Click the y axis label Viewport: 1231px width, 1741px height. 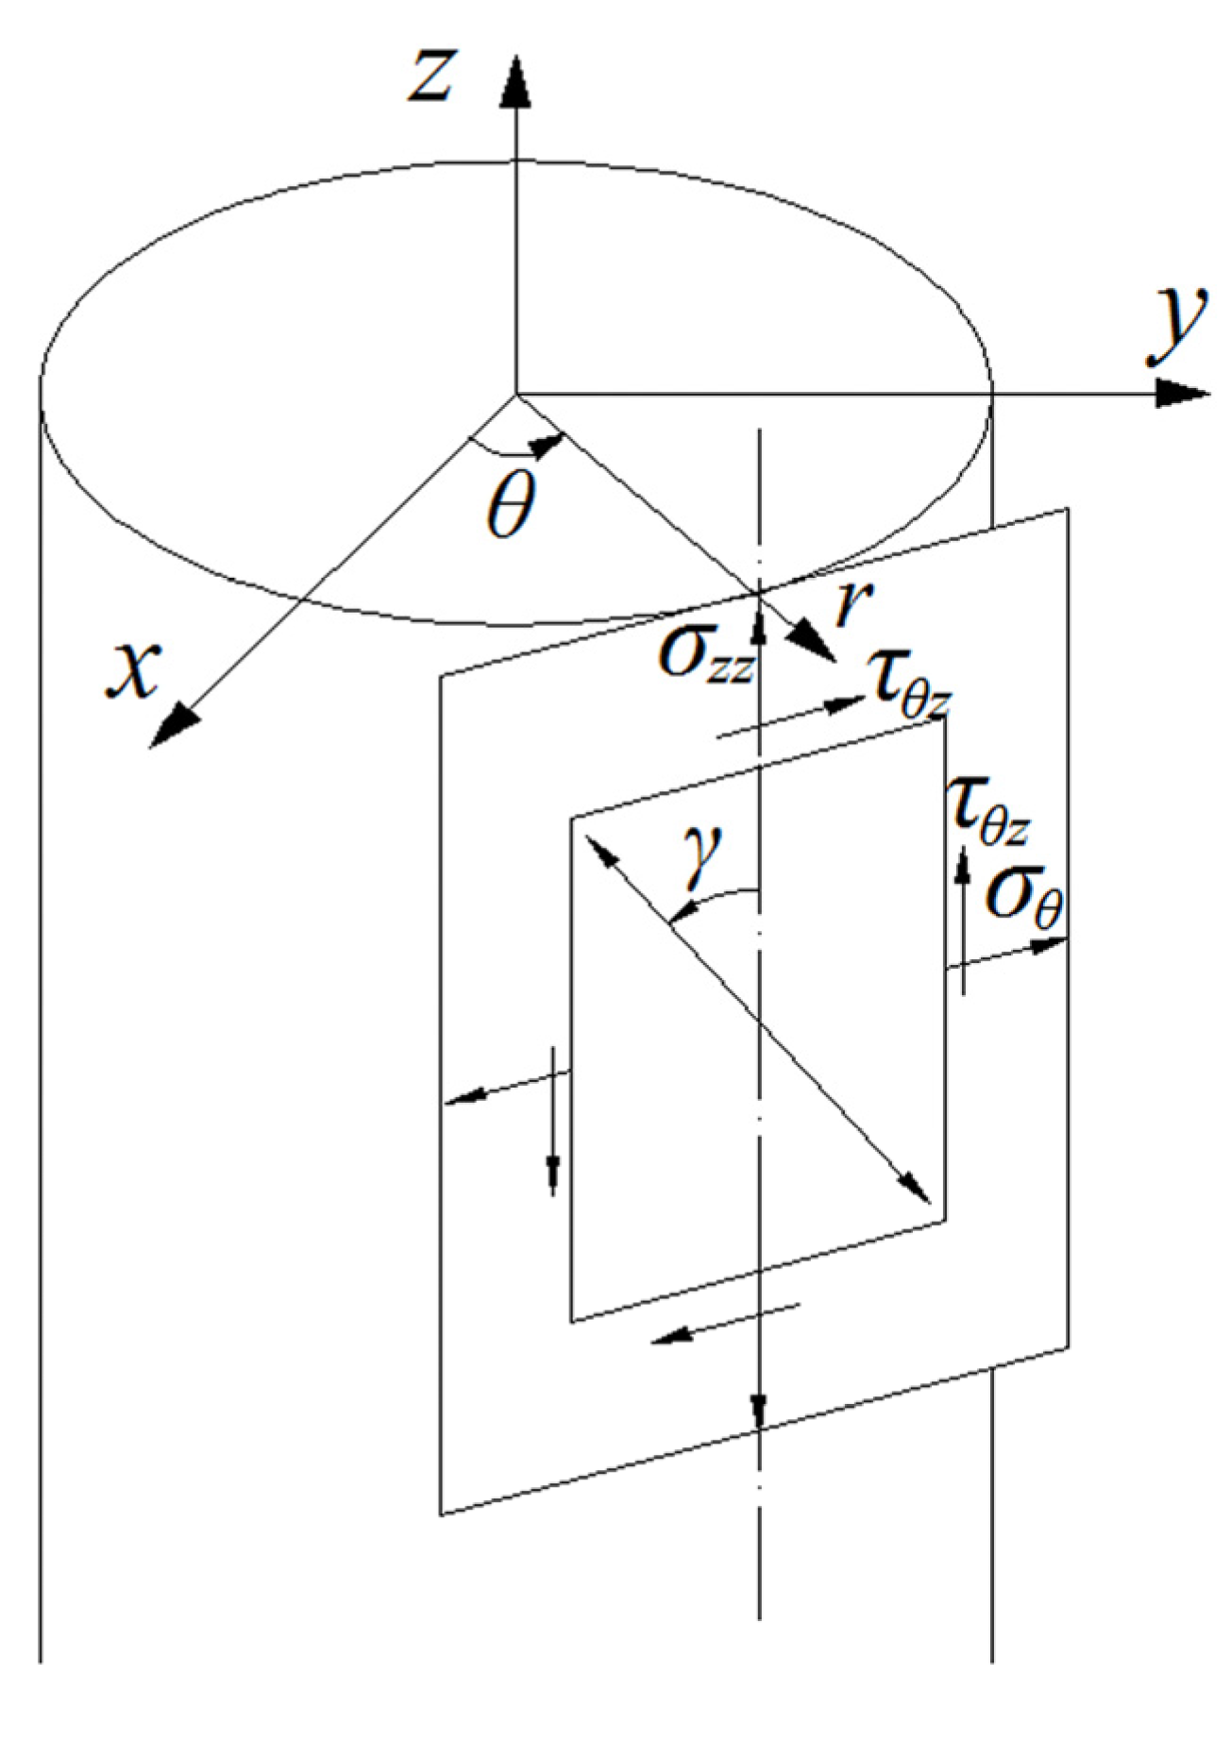click(x=1175, y=327)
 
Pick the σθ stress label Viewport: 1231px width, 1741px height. click(x=1024, y=897)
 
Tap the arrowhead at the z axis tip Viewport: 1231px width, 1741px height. click(x=515, y=80)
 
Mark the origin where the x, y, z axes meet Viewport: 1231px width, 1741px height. click(x=515, y=393)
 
